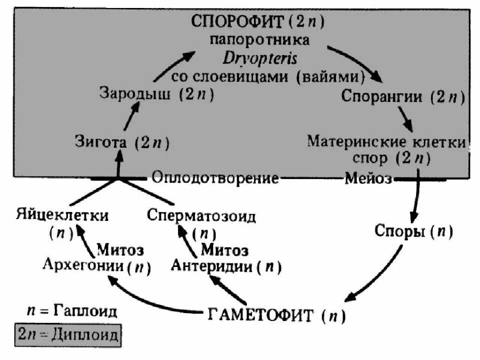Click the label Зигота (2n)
(122, 142)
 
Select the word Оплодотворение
(215, 178)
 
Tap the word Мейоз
(368, 178)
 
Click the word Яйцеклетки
(62, 216)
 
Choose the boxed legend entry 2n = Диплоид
(68, 334)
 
